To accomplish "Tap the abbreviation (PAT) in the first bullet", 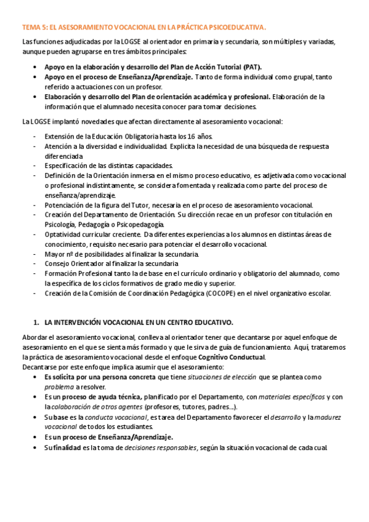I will pos(252,66).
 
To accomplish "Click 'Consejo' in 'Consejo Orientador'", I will pos(57,263).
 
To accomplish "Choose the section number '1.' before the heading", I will pos(35,322).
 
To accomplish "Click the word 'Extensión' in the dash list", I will pos(61,136).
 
